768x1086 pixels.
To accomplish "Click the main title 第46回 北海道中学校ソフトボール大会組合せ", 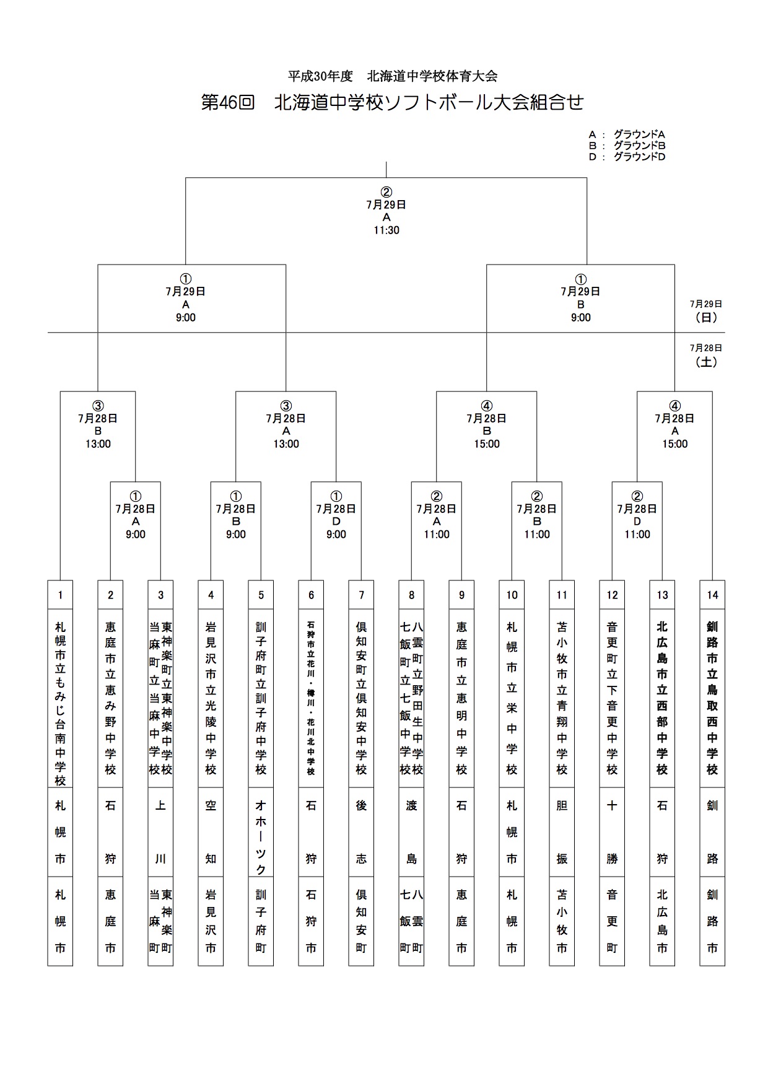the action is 392,102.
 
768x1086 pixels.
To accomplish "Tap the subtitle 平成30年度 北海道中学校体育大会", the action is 393,76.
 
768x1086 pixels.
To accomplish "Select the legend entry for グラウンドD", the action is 627,157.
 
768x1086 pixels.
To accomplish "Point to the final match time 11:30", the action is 386,230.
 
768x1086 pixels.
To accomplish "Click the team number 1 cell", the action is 60,595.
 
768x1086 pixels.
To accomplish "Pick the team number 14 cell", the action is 712,595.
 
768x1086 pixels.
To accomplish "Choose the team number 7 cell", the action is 361,595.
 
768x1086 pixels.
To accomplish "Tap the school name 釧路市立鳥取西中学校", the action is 712,698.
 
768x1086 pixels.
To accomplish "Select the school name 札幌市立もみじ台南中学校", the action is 60,704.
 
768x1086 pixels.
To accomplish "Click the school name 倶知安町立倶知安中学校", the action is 361,698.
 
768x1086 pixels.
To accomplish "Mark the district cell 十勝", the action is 612,832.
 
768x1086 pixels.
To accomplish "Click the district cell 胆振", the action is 562,832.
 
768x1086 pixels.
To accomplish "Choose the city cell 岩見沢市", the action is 211,921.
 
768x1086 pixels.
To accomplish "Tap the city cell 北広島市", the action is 662,921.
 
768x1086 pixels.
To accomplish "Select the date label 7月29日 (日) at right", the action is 706,311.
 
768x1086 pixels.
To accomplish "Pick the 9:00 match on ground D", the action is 336,515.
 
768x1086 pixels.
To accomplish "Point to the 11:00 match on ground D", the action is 637,515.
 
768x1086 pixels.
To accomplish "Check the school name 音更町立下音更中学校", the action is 612,698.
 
